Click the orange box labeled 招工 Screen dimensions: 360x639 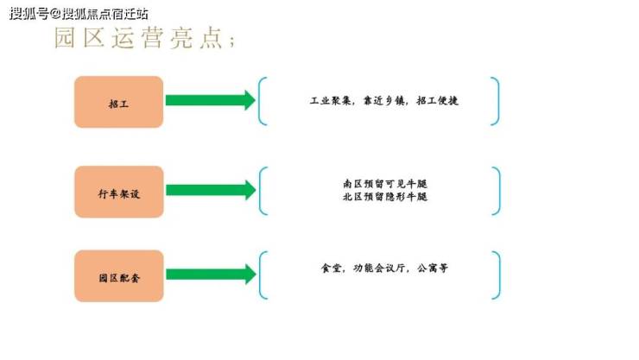pos(118,102)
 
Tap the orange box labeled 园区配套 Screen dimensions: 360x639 pos(118,276)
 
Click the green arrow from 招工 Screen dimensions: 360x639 pos(211,100)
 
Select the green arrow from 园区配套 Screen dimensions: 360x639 pos(211,275)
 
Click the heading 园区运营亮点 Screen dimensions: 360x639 pos(143,40)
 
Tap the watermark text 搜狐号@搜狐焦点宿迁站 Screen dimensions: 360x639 pos(79,14)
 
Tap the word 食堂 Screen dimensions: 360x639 pos(331,268)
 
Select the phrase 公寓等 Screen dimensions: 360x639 pos(432,268)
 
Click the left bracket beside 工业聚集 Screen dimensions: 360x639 pos(263,101)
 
